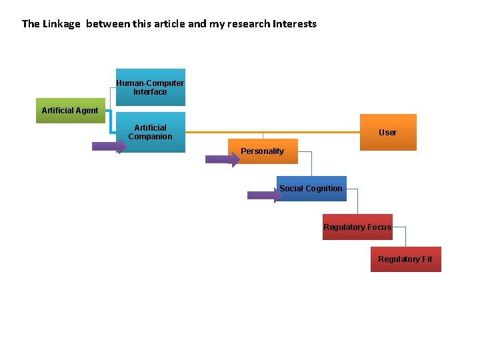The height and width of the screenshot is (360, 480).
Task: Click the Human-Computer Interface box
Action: pos(150,87)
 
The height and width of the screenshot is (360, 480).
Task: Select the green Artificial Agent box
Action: pos(69,111)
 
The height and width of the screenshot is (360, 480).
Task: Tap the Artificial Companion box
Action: pos(150,133)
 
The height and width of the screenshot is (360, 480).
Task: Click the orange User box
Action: pos(387,132)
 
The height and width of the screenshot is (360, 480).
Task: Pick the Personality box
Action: pos(262,151)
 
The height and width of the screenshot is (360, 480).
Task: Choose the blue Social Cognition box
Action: pos(311,189)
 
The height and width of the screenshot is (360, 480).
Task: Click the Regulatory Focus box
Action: pos(357,227)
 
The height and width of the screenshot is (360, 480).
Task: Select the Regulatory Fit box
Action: pos(405,259)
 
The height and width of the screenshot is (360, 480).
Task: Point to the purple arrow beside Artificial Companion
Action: pos(108,146)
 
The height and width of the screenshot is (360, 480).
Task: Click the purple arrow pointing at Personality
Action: pos(221,159)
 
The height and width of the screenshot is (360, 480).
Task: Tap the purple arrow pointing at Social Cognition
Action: pos(263,195)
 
